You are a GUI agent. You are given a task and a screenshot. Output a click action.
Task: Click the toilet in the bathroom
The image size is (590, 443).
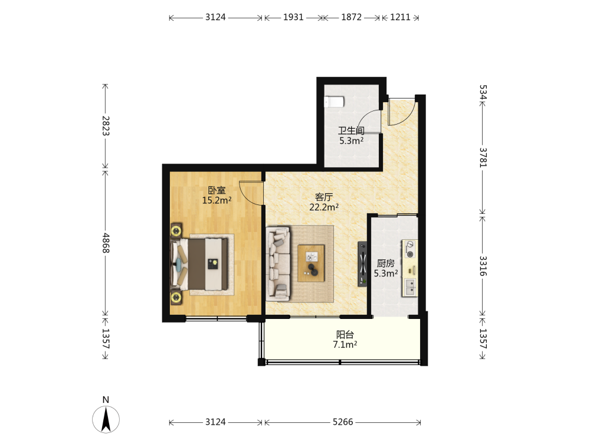tap(334, 102)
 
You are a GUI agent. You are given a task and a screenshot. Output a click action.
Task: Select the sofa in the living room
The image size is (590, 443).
tap(278, 263)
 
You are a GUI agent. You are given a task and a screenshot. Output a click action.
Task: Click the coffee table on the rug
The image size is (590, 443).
tap(311, 263)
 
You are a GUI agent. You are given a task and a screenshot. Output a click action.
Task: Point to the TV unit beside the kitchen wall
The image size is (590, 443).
tap(362, 263)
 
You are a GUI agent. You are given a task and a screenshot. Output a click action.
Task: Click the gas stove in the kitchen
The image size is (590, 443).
tap(410, 249)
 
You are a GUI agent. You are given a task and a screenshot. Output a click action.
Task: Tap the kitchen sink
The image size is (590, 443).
tap(410, 288)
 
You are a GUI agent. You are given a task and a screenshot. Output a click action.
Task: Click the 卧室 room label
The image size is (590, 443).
tap(217, 190)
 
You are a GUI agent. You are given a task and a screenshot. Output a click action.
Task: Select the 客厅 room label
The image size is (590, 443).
tap(324, 197)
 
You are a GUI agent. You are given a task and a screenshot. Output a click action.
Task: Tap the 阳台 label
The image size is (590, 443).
tap(345, 334)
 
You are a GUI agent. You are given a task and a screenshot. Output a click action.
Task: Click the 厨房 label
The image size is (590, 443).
tap(386, 263)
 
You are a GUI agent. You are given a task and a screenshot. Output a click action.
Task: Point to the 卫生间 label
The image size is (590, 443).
tap(351, 131)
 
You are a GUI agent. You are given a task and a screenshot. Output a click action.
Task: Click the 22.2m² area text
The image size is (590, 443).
tap(324, 207)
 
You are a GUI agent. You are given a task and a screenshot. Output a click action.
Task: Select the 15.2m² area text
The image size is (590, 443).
tap(217, 200)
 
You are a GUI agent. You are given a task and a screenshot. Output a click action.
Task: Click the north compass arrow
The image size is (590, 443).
tap(106, 419)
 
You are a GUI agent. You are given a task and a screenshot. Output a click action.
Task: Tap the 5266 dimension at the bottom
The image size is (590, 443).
tap(343, 422)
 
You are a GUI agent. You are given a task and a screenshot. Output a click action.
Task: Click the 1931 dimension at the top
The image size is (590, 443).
tap(293, 17)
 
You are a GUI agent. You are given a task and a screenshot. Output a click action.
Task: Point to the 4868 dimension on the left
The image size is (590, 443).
tap(106, 243)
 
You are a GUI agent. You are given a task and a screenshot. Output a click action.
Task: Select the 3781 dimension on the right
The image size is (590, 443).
tap(483, 158)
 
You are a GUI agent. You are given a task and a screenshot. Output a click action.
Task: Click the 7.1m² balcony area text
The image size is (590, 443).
tap(345, 344)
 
